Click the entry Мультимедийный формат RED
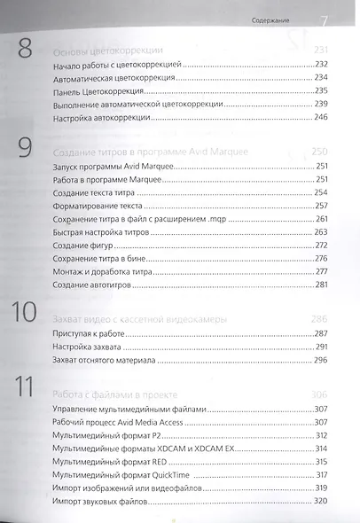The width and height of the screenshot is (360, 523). tap(112, 462)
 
